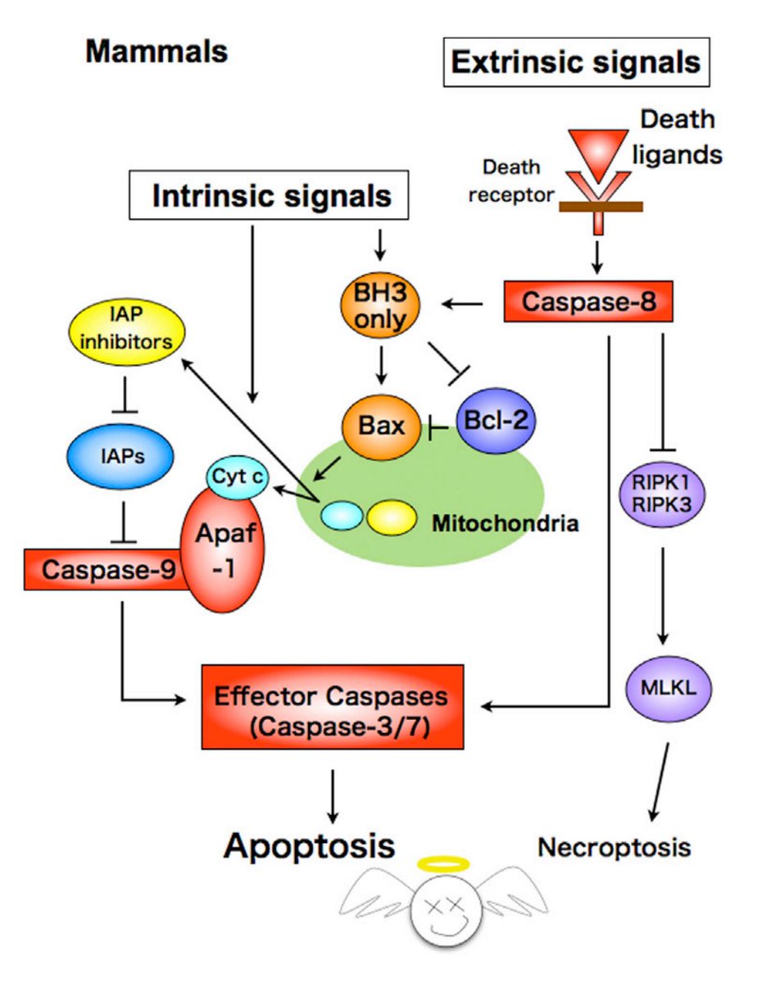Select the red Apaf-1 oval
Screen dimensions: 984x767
pyautogui.click(x=224, y=554)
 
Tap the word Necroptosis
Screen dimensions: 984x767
pyautogui.click(x=615, y=846)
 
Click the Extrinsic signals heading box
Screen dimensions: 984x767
pyautogui.click(x=577, y=62)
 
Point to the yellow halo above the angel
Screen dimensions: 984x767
pyautogui.click(x=443, y=863)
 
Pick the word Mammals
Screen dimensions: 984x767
pyautogui.click(x=157, y=52)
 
